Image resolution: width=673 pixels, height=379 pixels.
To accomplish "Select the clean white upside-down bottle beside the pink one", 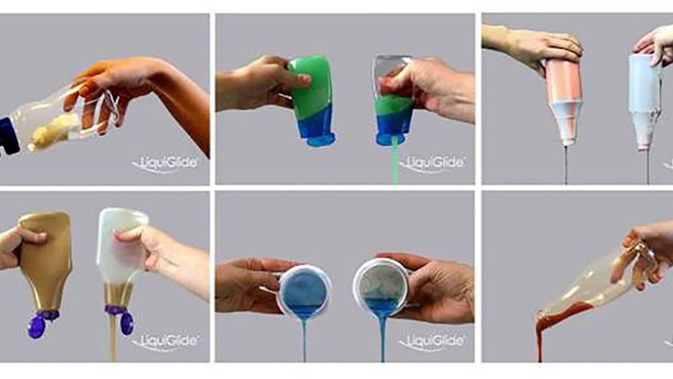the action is [646, 102].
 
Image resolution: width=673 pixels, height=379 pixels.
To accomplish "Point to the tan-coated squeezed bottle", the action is [45, 264].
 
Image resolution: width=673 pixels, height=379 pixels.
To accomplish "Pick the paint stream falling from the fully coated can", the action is [305, 337].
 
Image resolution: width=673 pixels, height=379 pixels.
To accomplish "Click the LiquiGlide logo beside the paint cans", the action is [432, 341].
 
